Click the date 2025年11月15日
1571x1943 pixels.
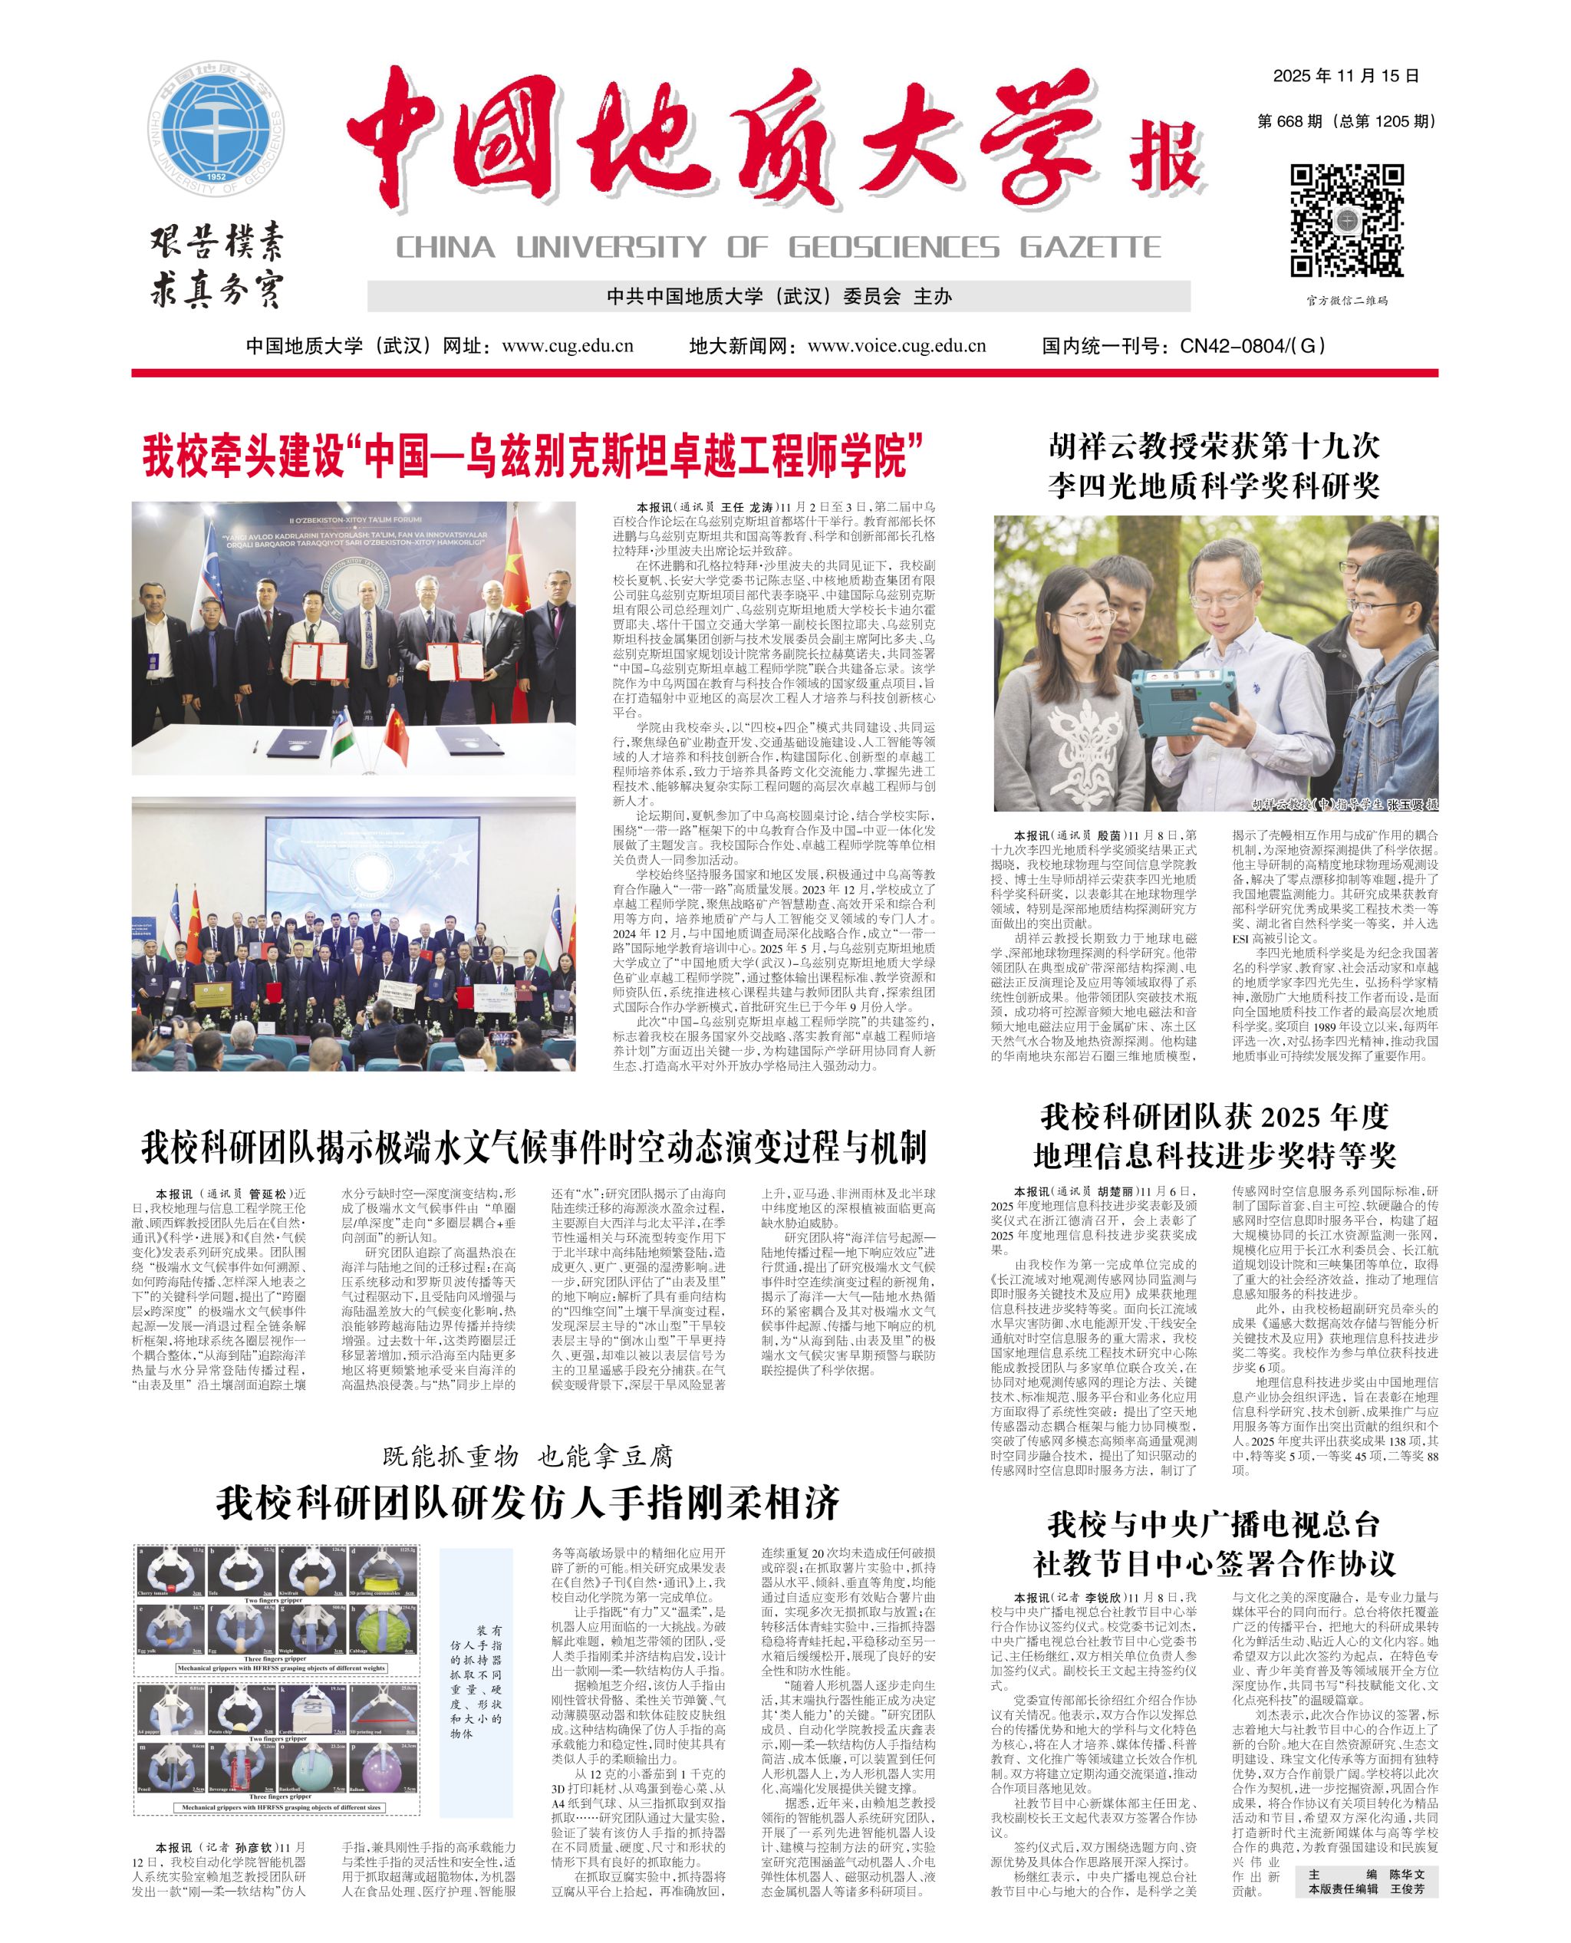(x=1345, y=76)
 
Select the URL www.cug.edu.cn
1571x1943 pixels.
(x=568, y=346)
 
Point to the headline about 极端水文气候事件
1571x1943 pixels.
(x=534, y=1148)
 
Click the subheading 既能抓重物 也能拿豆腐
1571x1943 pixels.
(x=528, y=1456)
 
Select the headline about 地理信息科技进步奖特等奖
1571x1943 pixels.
(x=1214, y=1136)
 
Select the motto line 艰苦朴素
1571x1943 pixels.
(x=217, y=245)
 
